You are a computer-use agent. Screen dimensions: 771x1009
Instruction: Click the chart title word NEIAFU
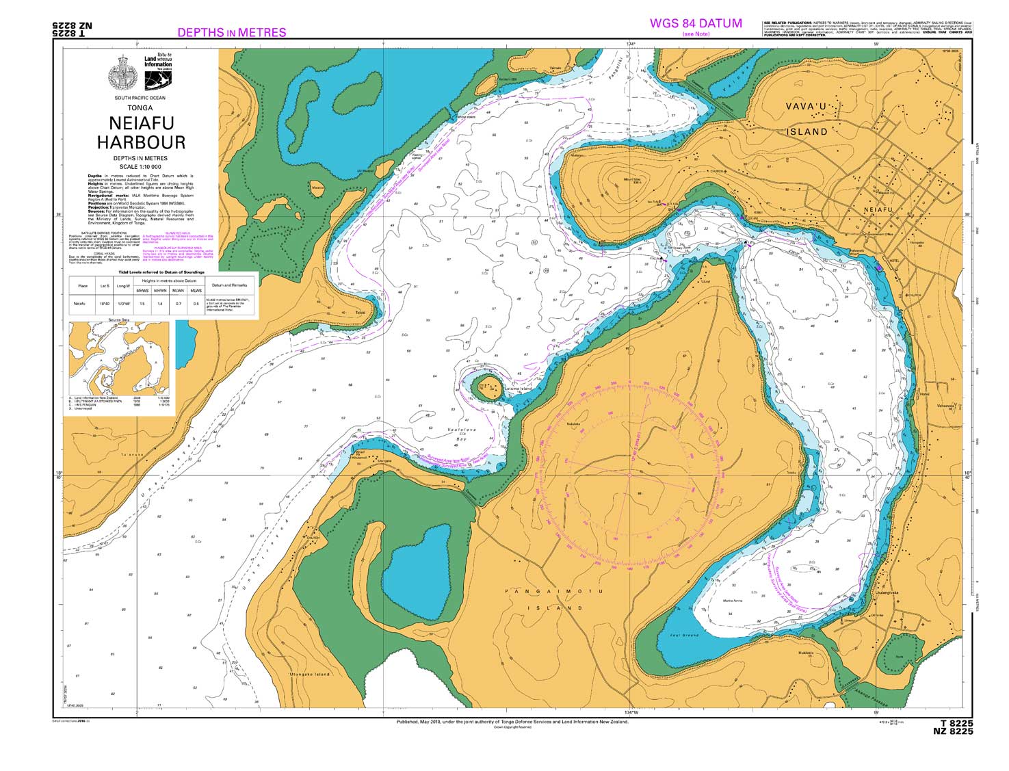coord(141,123)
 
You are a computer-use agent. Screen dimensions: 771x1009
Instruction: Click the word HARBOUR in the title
coord(141,142)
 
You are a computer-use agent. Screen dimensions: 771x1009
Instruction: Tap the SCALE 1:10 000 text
coord(140,166)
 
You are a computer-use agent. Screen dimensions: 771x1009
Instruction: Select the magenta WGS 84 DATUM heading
coord(695,23)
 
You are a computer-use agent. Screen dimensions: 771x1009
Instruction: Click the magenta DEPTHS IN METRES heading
coord(231,32)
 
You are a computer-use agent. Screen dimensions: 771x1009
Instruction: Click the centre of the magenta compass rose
coord(629,474)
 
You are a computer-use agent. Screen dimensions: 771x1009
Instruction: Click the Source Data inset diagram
coord(120,357)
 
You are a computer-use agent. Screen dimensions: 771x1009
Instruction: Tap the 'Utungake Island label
coord(309,674)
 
